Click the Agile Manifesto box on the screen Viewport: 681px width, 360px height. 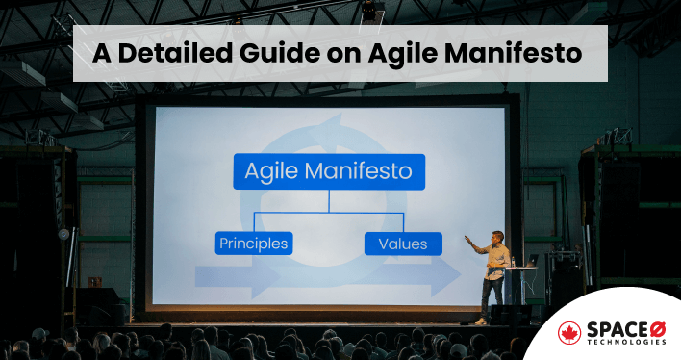(x=328, y=172)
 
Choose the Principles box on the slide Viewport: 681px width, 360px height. (x=253, y=243)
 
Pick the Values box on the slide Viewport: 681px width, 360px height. (x=402, y=243)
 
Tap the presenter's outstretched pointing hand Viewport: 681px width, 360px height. (x=467, y=239)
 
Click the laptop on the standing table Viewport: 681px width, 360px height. (x=532, y=260)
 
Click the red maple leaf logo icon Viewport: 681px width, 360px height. (x=570, y=333)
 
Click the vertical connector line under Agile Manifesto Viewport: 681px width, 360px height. (x=328, y=200)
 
